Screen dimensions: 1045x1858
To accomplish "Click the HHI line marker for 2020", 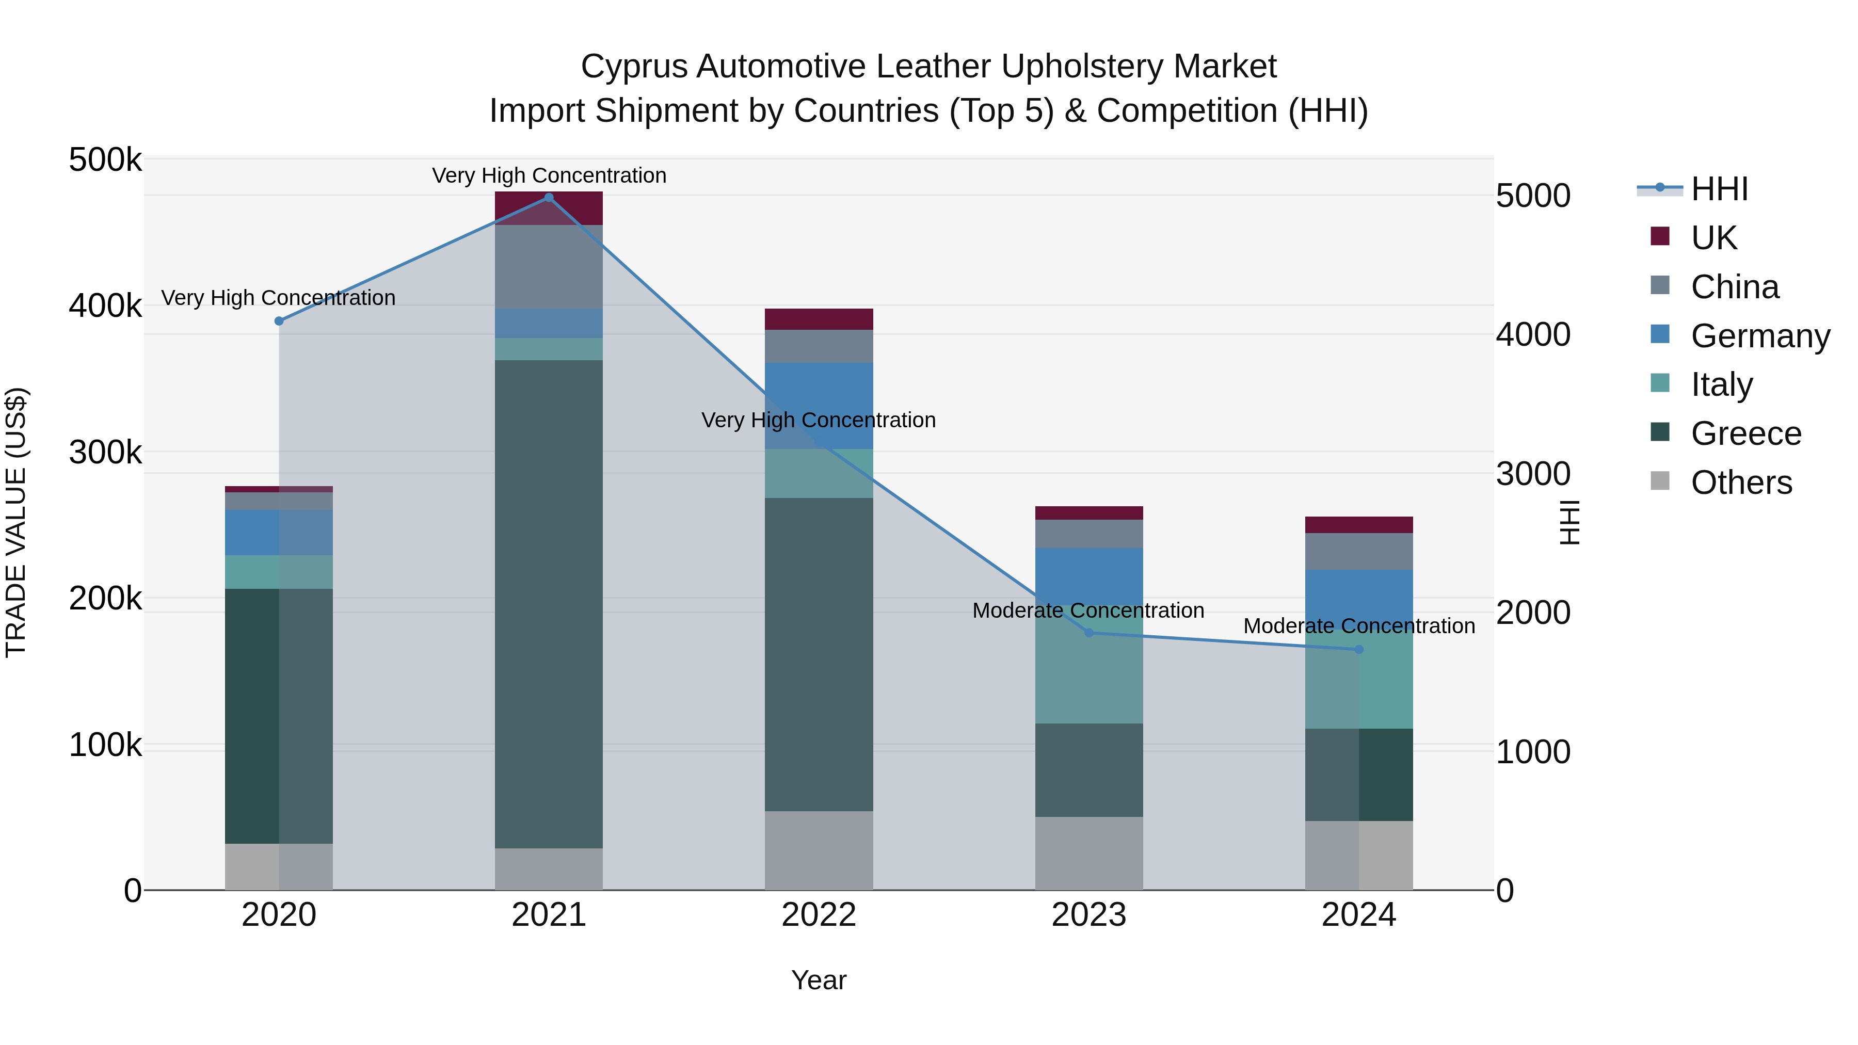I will click(x=279, y=321).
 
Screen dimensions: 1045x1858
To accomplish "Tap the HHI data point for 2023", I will click(x=1089, y=633).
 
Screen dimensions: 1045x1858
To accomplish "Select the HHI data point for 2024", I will click(x=1359, y=650).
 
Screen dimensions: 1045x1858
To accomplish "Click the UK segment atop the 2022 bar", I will click(x=819, y=319).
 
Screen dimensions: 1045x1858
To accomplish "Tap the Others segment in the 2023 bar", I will click(x=1089, y=853).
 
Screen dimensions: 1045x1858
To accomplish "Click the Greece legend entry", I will click(x=1745, y=433).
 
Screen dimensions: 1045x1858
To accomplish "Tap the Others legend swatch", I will click(x=1660, y=481).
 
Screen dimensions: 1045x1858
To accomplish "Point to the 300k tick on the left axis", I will click(x=105, y=453).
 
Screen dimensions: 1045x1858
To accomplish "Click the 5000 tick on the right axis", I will click(x=1533, y=196).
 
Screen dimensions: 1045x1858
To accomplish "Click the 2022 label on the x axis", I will click(x=819, y=915).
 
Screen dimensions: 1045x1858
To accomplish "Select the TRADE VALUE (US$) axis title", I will click(x=16, y=522).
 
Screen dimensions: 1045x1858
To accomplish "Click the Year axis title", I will click(x=819, y=980).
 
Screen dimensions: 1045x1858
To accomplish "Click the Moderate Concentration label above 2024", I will click(x=1359, y=626).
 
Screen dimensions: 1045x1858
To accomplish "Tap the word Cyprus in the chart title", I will click(x=633, y=67).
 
